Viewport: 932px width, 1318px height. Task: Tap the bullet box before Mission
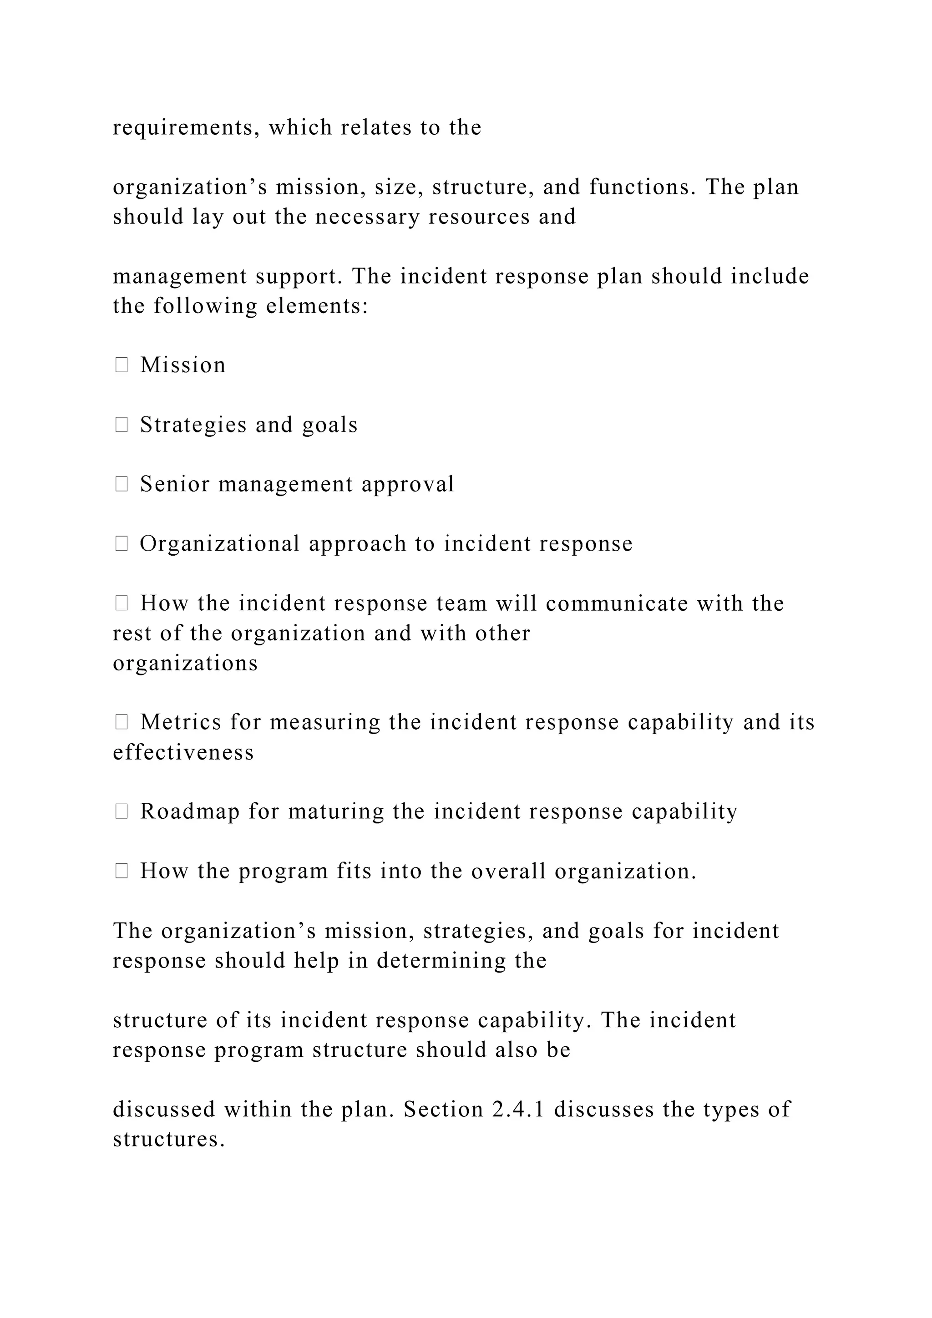pyautogui.click(x=121, y=365)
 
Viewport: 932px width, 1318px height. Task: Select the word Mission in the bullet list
pyautogui.click(x=183, y=365)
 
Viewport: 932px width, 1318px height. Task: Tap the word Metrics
pyautogui.click(x=181, y=722)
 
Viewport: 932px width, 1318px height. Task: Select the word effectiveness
pyautogui.click(x=183, y=753)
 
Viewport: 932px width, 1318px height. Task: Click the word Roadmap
pyautogui.click(x=190, y=812)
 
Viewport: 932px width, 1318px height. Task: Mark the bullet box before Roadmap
pyautogui.click(x=121, y=812)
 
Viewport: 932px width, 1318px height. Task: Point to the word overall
pyautogui.click(x=508, y=872)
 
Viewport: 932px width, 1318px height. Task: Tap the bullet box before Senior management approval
pyautogui.click(x=121, y=485)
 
